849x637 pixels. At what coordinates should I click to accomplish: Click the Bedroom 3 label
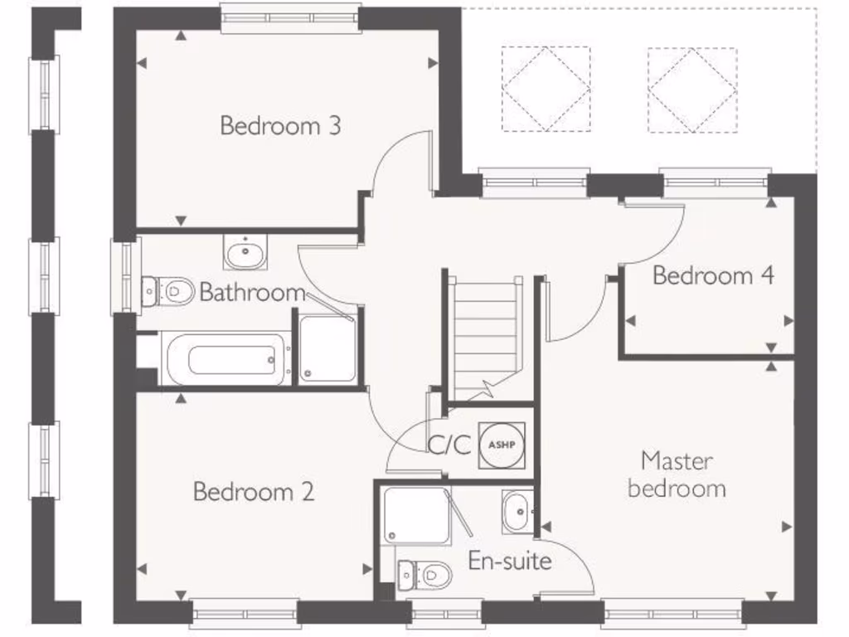(x=280, y=126)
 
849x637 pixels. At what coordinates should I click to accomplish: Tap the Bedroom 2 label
(x=254, y=492)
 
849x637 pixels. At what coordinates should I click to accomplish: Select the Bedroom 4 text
(x=713, y=275)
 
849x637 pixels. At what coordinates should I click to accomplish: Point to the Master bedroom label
(x=677, y=474)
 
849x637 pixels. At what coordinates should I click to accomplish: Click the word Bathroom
(x=252, y=293)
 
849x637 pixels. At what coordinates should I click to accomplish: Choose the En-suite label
(x=510, y=561)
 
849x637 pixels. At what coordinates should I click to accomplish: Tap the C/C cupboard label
(x=449, y=445)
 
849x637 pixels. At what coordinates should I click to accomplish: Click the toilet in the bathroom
(x=167, y=291)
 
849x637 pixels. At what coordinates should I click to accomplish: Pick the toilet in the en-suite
(x=424, y=573)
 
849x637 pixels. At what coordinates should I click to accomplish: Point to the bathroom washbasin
(x=245, y=252)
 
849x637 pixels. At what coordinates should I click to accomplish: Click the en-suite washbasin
(x=517, y=512)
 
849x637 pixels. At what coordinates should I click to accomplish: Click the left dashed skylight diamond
(x=546, y=89)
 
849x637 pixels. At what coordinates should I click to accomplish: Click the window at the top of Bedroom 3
(x=290, y=17)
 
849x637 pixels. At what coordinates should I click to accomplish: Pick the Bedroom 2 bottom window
(x=245, y=615)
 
